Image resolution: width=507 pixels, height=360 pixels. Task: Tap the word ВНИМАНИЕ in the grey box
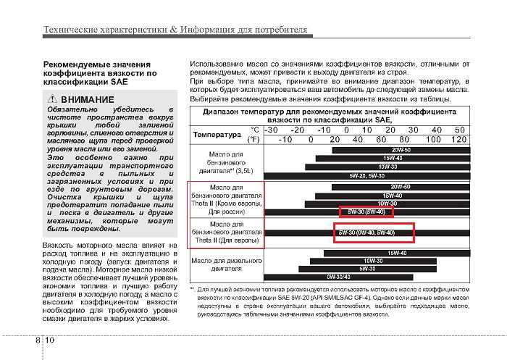click(x=87, y=99)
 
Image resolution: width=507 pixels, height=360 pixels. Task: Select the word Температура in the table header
click(x=217, y=134)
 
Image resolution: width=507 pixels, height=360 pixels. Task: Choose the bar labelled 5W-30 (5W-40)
click(x=366, y=212)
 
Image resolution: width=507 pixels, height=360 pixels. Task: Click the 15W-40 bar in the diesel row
click(x=395, y=253)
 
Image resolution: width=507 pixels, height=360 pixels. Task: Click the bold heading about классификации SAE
click(x=100, y=73)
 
